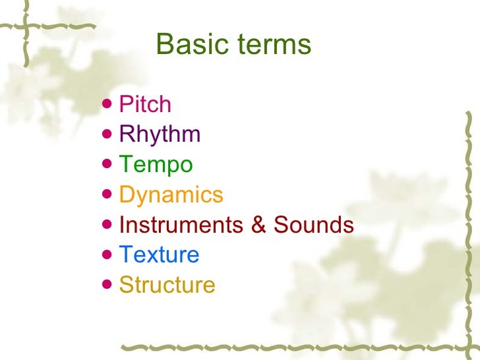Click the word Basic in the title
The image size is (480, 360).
tap(188, 45)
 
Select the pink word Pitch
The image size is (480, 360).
tap(145, 104)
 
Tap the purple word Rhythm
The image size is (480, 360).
tap(160, 135)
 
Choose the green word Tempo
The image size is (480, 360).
tap(156, 165)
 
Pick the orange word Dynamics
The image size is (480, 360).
tap(171, 195)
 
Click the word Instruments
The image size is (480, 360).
tap(181, 225)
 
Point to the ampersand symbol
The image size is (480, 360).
tap(259, 225)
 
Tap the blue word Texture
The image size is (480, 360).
tap(159, 255)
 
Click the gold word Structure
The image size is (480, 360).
tap(167, 285)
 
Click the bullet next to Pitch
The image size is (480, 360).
tap(108, 104)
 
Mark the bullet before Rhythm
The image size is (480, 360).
tap(108, 135)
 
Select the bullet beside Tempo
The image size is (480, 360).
tap(108, 165)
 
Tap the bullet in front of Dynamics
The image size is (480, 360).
tap(108, 195)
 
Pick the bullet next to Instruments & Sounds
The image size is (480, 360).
tap(108, 225)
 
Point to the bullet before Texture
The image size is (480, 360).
tap(108, 255)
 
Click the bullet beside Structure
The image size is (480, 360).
tap(108, 285)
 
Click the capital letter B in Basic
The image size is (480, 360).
tap(165, 45)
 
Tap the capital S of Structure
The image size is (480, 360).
tap(125, 285)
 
